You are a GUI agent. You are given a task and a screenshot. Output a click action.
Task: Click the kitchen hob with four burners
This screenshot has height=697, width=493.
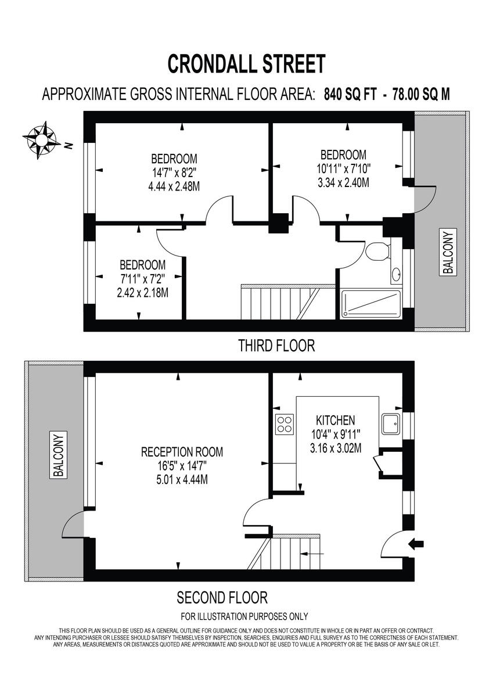[x=284, y=425]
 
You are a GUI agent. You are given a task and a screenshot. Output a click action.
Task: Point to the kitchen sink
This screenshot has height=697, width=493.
[x=390, y=424]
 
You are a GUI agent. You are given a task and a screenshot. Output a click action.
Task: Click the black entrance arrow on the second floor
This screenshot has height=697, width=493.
[x=417, y=544]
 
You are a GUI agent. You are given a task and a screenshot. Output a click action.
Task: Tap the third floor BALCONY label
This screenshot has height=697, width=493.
[x=449, y=252]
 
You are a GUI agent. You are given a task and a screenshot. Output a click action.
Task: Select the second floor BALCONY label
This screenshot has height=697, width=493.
[x=58, y=454]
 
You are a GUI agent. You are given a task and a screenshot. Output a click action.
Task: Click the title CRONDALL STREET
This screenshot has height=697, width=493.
[x=246, y=63]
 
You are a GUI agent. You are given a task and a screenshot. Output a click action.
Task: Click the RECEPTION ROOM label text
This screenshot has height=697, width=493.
[x=182, y=452]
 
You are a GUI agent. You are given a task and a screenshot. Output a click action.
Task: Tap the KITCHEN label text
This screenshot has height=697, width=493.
[x=335, y=420]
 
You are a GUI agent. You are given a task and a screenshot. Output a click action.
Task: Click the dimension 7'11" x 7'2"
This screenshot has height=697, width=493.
[x=142, y=278]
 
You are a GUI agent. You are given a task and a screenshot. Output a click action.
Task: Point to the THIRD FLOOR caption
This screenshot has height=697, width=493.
[x=276, y=346]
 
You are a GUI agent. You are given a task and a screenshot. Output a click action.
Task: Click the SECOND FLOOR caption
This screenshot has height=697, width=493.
[x=222, y=597]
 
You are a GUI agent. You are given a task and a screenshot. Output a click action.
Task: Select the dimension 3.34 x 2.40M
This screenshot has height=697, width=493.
[x=343, y=182]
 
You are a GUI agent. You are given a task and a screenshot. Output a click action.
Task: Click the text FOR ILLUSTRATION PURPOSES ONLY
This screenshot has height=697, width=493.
[x=244, y=616]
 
